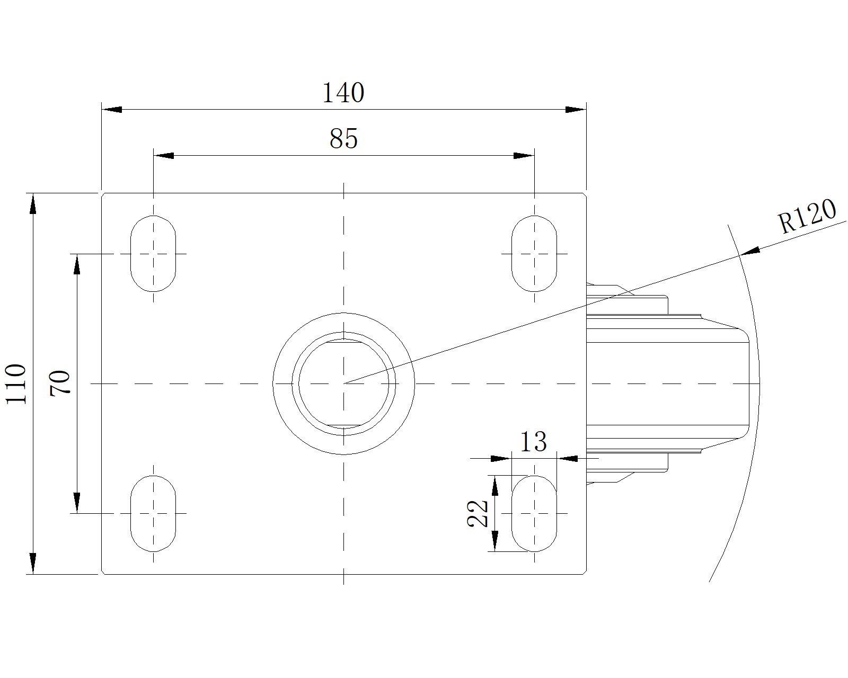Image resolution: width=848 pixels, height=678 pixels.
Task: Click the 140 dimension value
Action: [x=343, y=93]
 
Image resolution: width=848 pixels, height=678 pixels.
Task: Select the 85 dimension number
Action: [x=343, y=139]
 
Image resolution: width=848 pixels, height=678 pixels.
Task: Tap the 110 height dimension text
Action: [x=16, y=383]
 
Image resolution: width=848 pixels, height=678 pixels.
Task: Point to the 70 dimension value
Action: [x=59, y=383]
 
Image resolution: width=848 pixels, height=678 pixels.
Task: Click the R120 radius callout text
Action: [x=807, y=216]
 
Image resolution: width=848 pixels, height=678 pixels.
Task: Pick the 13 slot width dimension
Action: [x=534, y=442]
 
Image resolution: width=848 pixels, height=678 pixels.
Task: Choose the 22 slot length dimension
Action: [x=478, y=513]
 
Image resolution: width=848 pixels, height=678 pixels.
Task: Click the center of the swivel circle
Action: [x=343, y=383]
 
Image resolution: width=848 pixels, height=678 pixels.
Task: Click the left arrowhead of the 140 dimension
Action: [x=112, y=110]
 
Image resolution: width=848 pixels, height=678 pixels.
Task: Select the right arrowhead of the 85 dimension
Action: [x=524, y=156]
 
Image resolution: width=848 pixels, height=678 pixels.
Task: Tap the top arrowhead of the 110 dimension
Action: [x=33, y=203]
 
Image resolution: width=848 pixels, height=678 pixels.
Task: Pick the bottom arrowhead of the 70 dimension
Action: [x=77, y=503]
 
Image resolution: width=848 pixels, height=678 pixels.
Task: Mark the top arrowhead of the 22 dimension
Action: [x=496, y=485]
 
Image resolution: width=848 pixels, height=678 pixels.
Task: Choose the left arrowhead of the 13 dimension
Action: [x=501, y=459]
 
